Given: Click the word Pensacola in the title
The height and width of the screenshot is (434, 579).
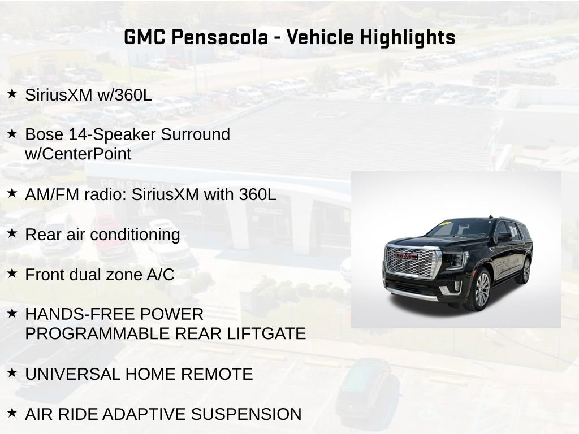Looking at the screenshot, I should point(219,37).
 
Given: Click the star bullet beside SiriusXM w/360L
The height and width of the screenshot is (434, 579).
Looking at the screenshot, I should point(12,93).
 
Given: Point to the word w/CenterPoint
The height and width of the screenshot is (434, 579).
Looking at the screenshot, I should point(78,154).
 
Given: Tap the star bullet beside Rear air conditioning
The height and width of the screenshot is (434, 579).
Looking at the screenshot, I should point(12,233).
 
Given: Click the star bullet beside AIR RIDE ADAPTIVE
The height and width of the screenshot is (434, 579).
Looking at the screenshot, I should point(12,413).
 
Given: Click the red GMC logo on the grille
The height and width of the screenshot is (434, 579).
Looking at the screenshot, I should point(406,256).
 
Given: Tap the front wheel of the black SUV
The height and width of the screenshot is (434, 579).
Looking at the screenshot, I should point(481,289).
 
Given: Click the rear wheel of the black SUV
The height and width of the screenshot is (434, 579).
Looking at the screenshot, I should point(525,271).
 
